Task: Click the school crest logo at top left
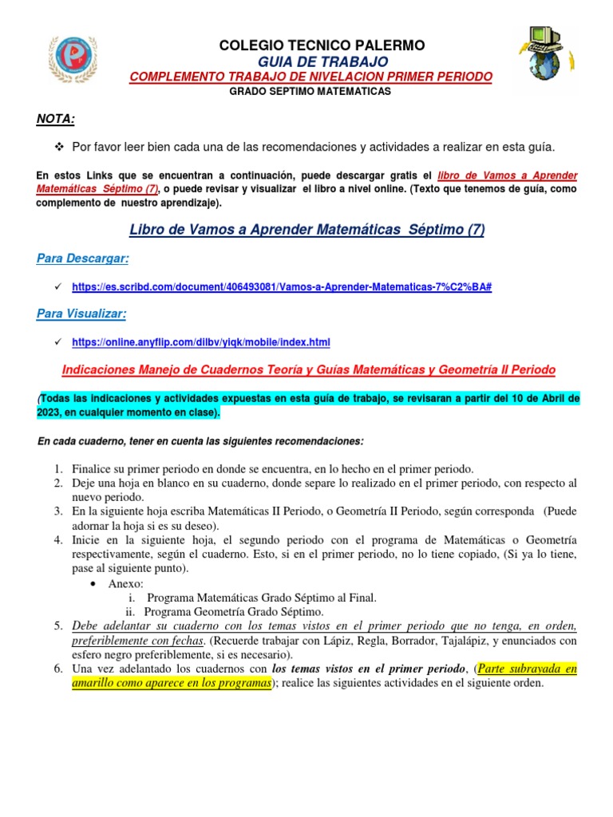[76, 59]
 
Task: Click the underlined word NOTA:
[56, 119]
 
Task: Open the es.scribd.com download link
[281, 286]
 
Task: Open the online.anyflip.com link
[200, 342]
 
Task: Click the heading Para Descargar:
[83, 259]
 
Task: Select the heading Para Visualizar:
[81, 314]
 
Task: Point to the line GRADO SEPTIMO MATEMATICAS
[310, 92]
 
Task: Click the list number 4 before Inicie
[58, 539]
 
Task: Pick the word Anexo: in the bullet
[126, 584]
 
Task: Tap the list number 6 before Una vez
[58, 669]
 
